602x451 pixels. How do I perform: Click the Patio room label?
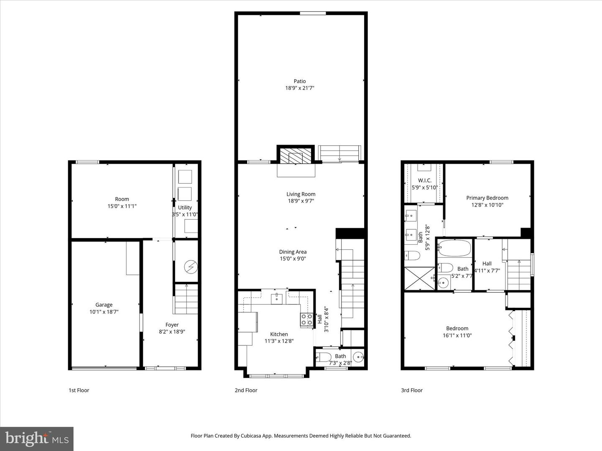(x=299, y=81)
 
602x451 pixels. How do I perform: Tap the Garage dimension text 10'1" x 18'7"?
(x=104, y=312)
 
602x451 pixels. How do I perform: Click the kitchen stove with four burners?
(x=306, y=320)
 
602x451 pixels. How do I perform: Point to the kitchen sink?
(x=276, y=299)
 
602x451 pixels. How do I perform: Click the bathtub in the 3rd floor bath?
(x=454, y=248)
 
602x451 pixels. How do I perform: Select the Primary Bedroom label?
(x=487, y=198)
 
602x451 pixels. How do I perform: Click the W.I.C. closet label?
(x=424, y=180)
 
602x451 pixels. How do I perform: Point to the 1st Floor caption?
(x=79, y=390)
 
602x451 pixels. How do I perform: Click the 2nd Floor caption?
(x=246, y=390)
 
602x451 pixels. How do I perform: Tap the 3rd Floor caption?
(x=412, y=390)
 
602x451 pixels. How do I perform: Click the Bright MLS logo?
(x=37, y=438)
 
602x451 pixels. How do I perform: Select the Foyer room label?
(x=172, y=325)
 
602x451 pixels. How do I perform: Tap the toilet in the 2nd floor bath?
(x=323, y=357)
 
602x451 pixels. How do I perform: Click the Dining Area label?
(x=293, y=252)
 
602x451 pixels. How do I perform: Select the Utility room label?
(x=185, y=208)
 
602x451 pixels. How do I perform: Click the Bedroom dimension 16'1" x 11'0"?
(x=457, y=335)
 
